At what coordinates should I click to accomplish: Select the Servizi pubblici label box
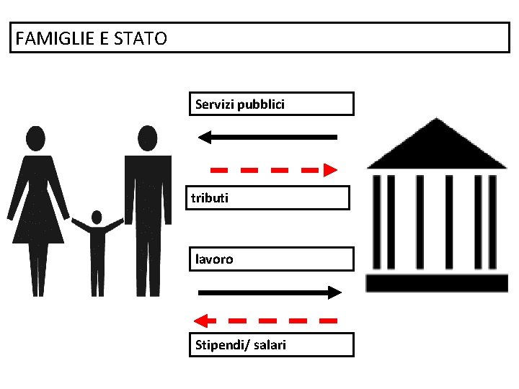pyautogui.click(x=271, y=104)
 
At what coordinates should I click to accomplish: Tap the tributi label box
pyautogui.click(x=270, y=197)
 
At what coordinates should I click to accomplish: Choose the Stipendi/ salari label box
pyautogui.click(x=272, y=345)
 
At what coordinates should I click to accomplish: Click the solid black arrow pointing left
pyautogui.click(x=267, y=136)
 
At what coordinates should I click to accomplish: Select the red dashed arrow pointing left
pyautogui.click(x=267, y=319)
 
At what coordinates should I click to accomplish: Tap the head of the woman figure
pyautogui.click(x=35, y=138)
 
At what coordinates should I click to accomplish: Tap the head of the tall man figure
pyautogui.click(x=148, y=137)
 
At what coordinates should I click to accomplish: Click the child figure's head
pyautogui.click(x=97, y=218)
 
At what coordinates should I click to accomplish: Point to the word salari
pyautogui.click(x=270, y=345)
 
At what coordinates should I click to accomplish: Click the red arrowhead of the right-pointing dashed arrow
pyautogui.click(x=330, y=170)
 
